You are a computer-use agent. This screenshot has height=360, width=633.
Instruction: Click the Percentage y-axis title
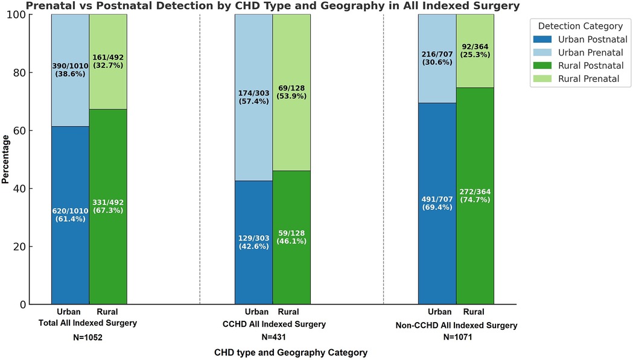tap(6, 159)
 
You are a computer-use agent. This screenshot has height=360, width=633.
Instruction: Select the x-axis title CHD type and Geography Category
tap(290, 352)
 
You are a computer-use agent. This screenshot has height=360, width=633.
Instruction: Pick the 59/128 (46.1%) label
tap(291, 236)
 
